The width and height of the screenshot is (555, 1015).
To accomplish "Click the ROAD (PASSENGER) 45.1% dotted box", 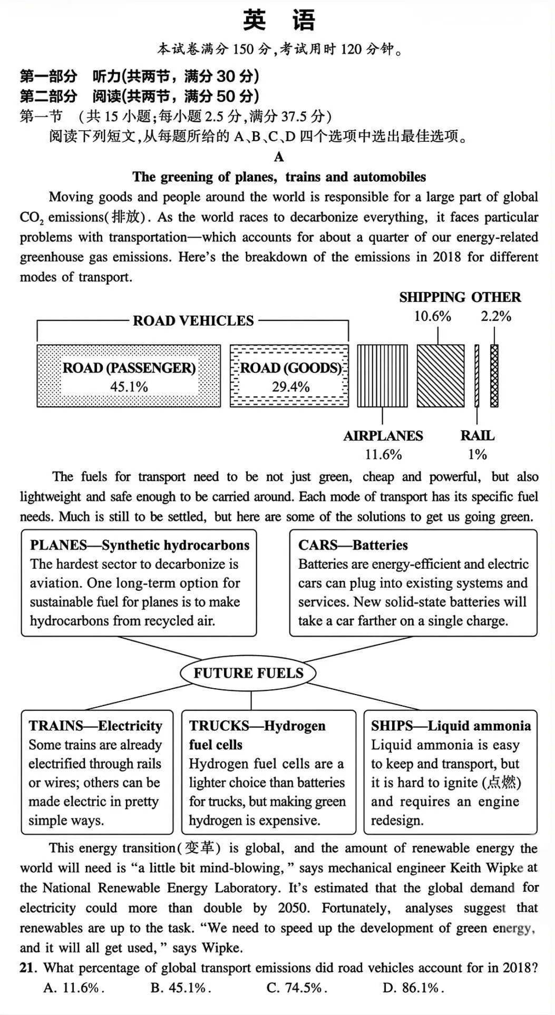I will coord(129,376).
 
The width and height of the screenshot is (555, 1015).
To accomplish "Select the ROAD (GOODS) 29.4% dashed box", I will coord(289,376).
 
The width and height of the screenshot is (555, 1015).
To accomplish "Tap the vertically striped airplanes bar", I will coord(382,375).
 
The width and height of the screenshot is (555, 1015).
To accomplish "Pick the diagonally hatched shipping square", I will coord(441,375).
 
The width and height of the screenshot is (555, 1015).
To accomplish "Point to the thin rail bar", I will coord(476,375).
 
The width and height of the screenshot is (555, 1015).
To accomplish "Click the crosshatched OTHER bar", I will coord(494,375).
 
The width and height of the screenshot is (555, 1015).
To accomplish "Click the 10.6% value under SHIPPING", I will coord(432,316).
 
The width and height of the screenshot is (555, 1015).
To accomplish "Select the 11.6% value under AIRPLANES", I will coord(383,454).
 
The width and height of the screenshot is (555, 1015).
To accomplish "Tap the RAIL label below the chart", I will coord(477,436).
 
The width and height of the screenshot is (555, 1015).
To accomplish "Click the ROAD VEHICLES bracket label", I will coord(193,320).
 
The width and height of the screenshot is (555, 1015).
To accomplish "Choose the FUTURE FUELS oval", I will coord(248,673).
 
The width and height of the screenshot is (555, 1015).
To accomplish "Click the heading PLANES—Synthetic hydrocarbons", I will coord(140,545).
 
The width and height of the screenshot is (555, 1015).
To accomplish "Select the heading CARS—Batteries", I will coord(353,545).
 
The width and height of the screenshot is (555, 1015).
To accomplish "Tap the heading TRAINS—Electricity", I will coord(95,726).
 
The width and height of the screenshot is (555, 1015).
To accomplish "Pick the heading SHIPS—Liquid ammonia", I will coord(451,726).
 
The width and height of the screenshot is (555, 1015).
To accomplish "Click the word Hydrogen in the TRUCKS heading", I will coord(294,726).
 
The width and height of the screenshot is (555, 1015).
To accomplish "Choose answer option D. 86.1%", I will coord(413,988).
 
